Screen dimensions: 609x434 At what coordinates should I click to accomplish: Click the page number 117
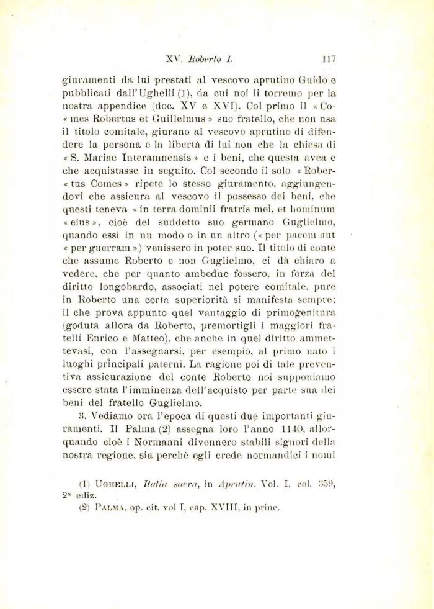(x=329, y=60)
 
